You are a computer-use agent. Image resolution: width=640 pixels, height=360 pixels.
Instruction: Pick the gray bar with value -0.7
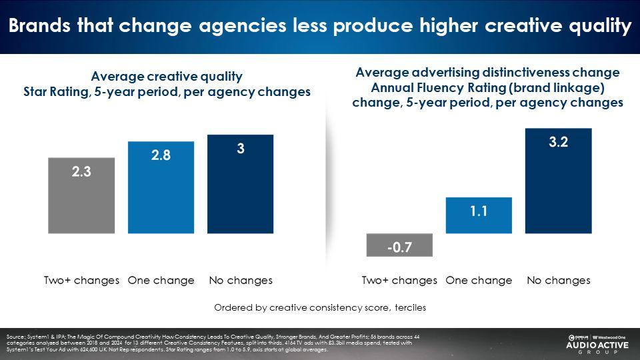(399, 245)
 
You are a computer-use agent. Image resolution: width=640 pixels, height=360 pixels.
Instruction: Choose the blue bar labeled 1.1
(479, 215)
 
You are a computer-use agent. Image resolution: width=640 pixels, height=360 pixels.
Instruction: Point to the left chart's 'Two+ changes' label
(81, 280)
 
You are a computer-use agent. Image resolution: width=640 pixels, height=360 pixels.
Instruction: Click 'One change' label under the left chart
(161, 280)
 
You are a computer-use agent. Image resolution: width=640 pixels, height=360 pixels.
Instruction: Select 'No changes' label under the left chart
(241, 280)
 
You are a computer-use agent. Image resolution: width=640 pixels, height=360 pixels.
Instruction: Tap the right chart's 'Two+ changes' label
(399, 280)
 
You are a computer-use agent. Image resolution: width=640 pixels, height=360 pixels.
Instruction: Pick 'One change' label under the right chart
(479, 280)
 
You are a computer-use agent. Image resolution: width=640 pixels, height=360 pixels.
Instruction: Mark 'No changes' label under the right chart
(559, 280)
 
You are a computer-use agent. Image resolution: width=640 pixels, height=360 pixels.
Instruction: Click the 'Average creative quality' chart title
(167, 76)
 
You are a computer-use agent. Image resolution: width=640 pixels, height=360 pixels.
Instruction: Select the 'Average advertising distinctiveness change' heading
(487, 73)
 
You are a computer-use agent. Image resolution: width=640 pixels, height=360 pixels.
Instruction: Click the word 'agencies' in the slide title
(251, 27)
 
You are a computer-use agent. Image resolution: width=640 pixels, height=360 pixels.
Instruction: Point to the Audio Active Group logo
(597, 344)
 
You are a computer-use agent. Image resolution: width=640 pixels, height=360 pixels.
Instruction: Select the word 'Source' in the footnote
(14, 336)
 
